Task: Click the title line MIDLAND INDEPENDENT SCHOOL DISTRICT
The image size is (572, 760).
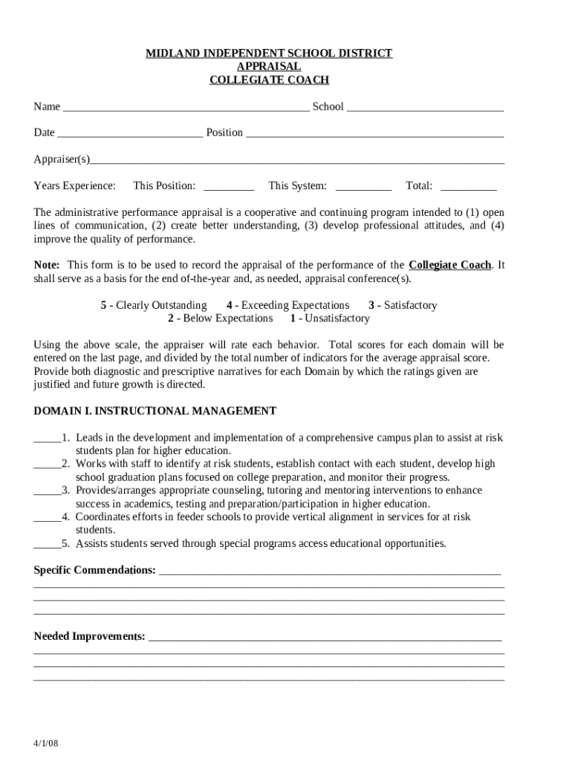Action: pos(269,53)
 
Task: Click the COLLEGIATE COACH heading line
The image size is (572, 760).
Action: pos(269,80)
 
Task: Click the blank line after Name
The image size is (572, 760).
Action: pos(186,108)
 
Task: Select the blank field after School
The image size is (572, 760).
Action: pos(425,108)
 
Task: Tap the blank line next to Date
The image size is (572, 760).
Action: pos(129,134)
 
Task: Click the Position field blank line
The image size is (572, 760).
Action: pos(374,134)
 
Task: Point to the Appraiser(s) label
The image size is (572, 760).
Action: pos(62,160)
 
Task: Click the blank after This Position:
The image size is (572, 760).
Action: pos(229,187)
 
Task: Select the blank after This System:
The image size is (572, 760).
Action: pos(363,187)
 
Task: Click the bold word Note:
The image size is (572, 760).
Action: pos(48,265)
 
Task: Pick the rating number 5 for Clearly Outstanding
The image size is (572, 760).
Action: pos(103,305)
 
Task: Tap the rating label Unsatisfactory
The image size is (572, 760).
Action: pos(335,318)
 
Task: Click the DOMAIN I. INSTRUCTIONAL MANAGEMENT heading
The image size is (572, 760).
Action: pos(155,410)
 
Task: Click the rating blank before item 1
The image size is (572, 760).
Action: pos(47,439)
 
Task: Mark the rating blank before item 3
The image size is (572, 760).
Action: pos(47,491)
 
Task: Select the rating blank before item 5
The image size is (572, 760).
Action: pos(47,544)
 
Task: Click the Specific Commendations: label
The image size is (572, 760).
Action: pos(95,570)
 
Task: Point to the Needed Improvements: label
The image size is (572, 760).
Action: pos(90,637)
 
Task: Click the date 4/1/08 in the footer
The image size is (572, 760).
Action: pos(45,743)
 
